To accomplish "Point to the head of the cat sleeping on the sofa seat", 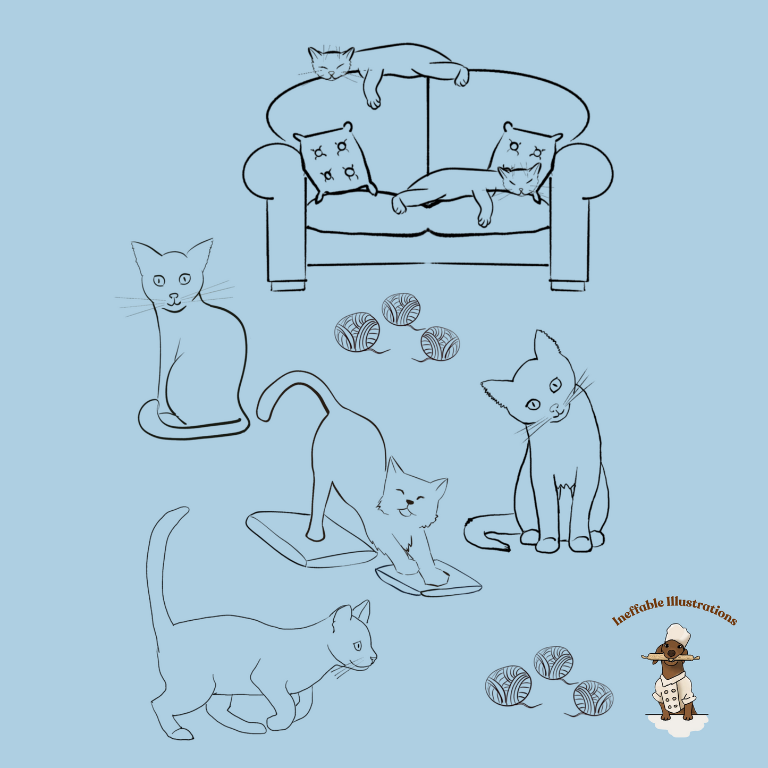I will pos(520,180).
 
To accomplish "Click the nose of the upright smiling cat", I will pos(173,296).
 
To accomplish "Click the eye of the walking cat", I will pos(357,646).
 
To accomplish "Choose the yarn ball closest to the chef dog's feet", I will pos(593,697).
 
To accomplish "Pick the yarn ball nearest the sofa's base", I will pos(401,309).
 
